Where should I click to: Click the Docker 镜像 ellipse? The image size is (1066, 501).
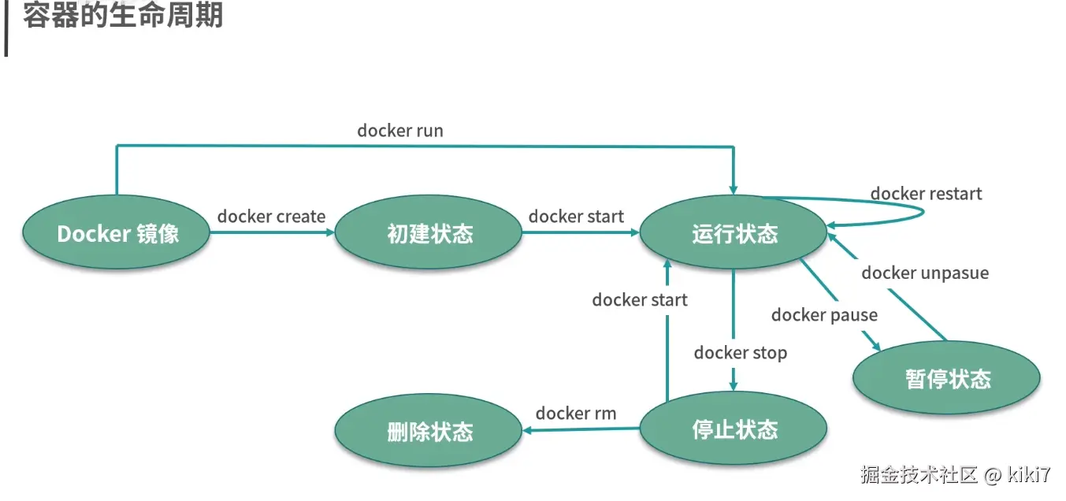[x=117, y=233]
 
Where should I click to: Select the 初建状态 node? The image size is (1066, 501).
[x=429, y=233]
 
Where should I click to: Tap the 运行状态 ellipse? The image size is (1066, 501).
[x=734, y=233]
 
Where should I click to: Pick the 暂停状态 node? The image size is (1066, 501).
[x=947, y=379]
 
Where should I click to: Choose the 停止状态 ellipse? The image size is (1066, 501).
[x=734, y=429]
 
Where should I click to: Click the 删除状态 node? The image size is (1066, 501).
[x=429, y=432]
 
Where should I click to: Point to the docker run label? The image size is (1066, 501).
[x=400, y=130]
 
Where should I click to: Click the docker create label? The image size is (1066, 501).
[x=271, y=217]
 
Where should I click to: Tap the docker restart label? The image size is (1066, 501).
[x=926, y=193]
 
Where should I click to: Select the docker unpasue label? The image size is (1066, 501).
[x=925, y=273]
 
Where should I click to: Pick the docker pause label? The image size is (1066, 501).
[x=824, y=315]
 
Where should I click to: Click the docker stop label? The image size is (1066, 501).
[x=741, y=353]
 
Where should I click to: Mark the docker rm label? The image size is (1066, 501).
[x=576, y=414]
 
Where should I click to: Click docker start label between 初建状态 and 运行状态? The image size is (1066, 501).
[x=576, y=217]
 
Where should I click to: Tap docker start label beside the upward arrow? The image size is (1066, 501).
[x=640, y=300]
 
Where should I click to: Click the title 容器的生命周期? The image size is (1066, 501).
[x=123, y=16]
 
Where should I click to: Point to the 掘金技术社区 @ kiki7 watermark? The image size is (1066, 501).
[x=955, y=474]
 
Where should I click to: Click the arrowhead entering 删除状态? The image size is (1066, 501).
[x=529, y=430]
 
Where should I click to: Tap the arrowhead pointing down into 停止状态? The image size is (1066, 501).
[x=734, y=385]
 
